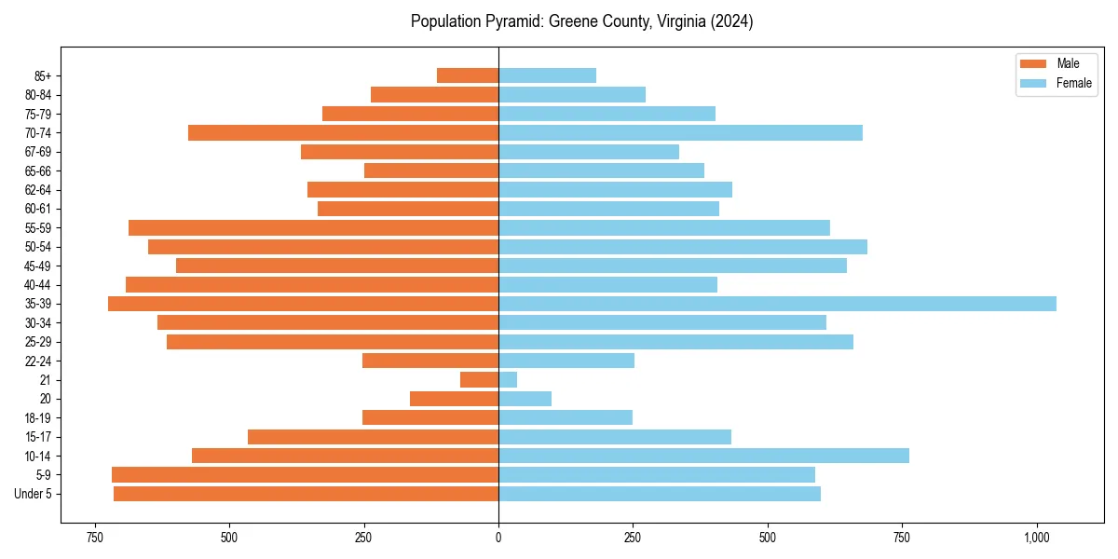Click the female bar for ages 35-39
[777, 304]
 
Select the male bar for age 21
[479, 380]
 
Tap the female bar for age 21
[508, 380]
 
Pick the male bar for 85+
[468, 75]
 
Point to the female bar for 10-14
[703, 456]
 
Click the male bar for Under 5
[306, 494]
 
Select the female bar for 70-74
[680, 132]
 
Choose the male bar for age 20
[454, 399]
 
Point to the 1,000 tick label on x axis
[1037, 538]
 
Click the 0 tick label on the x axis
[498, 538]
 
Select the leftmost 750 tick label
[94, 538]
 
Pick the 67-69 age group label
[38, 152]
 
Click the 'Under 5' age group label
[34, 494]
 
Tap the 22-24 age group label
[38, 361]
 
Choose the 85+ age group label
[44, 75]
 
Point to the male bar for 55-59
[313, 227]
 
